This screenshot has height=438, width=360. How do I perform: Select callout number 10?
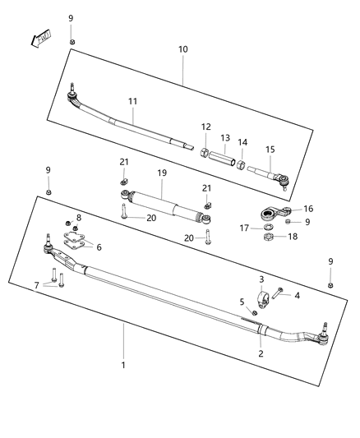[x=182, y=49]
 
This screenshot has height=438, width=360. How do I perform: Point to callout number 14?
[x=242, y=143]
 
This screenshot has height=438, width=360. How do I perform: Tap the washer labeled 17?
[x=270, y=228]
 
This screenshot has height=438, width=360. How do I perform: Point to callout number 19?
[x=162, y=174]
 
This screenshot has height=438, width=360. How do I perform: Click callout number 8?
[x=79, y=217]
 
